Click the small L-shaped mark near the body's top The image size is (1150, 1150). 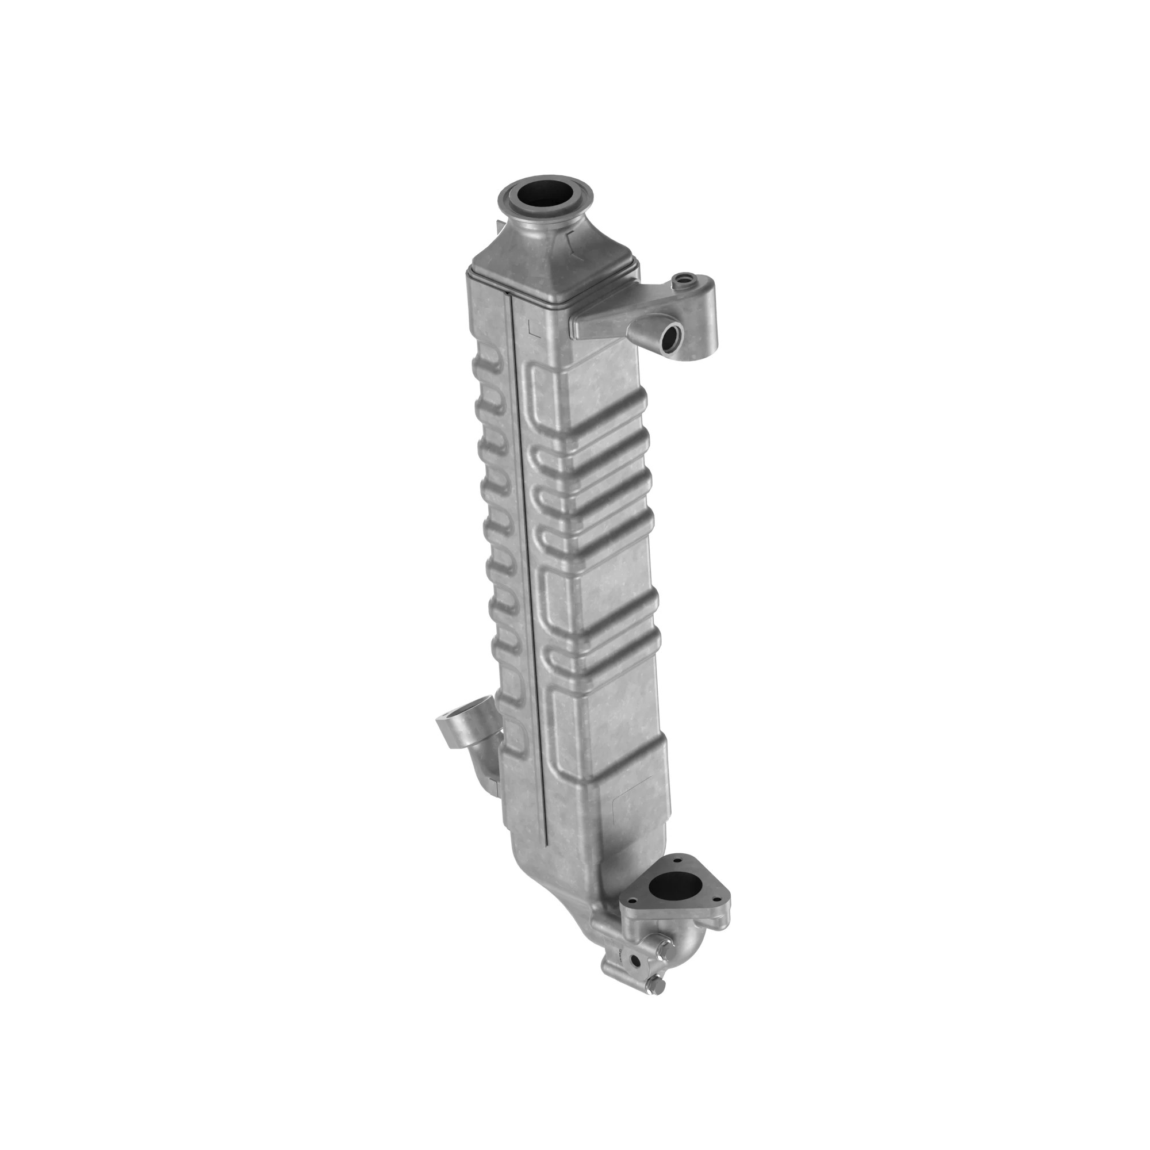pyautogui.click(x=534, y=327)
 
